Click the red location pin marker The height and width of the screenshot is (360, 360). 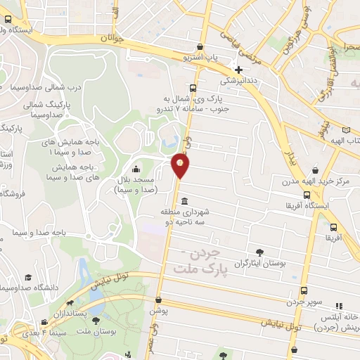point(181,165)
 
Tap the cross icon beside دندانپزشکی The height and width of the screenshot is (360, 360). point(239,70)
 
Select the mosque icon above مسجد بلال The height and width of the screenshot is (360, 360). point(135,169)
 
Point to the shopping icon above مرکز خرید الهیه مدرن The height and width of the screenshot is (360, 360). point(314,169)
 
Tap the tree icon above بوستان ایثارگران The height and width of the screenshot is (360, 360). point(261,252)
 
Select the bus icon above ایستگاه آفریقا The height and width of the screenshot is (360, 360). point(307,195)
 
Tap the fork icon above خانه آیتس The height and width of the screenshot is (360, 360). point(338,305)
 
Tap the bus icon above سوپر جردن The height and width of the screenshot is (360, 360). point(303,290)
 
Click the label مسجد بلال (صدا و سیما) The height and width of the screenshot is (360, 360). point(136,185)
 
